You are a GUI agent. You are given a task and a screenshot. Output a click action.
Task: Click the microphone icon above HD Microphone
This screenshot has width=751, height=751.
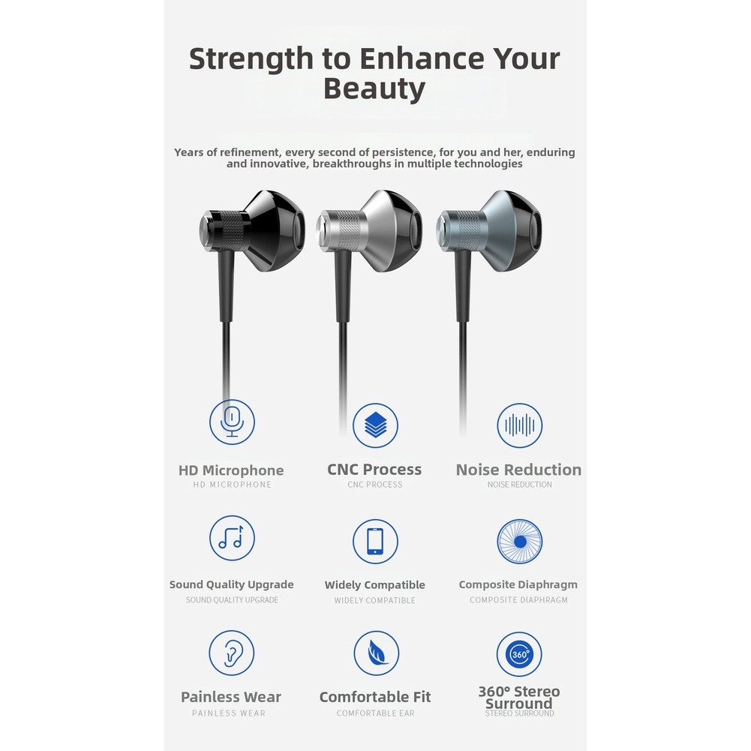coord(232,422)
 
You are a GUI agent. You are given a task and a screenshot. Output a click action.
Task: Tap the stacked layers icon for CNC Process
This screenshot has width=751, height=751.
coord(375,425)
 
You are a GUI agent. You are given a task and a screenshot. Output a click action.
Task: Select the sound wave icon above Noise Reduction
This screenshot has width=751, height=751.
coord(520,425)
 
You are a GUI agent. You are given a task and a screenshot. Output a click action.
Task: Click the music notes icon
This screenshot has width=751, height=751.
coord(232,538)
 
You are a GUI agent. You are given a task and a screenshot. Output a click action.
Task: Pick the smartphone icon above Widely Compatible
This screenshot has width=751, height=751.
coord(375,541)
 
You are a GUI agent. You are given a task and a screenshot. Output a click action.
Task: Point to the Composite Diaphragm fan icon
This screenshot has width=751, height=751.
coord(520,541)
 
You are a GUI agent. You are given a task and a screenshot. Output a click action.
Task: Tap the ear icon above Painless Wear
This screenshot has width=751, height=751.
coord(232,653)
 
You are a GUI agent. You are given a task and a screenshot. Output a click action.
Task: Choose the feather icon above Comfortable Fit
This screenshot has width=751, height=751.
coord(377,653)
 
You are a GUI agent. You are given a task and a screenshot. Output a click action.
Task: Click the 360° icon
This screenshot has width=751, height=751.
coord(520,654)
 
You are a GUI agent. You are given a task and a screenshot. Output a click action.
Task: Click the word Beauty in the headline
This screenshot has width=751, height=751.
coord(374,89)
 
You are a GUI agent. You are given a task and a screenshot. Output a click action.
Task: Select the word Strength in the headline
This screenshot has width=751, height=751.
coord(251,59)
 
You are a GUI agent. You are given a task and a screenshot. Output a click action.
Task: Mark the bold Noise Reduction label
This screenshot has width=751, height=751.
coord(518,470)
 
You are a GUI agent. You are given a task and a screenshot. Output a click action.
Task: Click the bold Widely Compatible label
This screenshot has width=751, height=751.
coord(375,584)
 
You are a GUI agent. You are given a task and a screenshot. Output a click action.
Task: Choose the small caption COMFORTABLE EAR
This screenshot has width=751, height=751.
coord(375,713)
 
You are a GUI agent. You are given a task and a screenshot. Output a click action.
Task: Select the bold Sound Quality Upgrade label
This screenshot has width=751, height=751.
coord(232,584)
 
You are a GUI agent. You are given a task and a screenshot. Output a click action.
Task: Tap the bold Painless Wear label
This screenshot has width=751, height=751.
coord(231,697)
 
